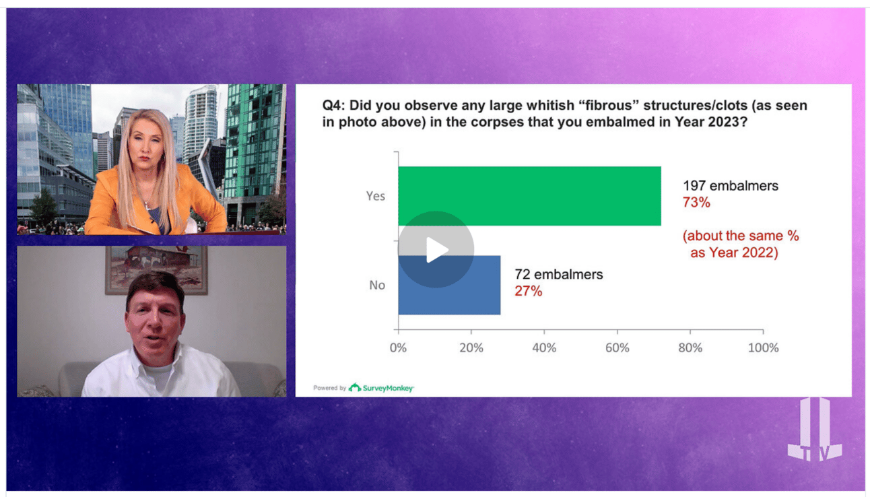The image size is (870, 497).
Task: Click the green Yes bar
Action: (x=530, y=196)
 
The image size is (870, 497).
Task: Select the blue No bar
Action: (x=449, y=285)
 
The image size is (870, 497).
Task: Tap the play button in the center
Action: (x=436, y=250)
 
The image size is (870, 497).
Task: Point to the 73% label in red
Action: (x=696, y=203)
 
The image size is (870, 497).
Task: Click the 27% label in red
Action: (x=528, y=291)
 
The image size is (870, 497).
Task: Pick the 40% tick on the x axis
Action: (x=544, y=347)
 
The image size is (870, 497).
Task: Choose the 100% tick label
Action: (x=763, y=347)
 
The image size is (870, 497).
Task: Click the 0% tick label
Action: (x=398, y=347)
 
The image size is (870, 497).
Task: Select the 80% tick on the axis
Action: (x=690, y=347)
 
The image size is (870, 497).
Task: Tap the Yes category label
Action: (x=376, y=196)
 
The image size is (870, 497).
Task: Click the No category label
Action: (x=377, y=285)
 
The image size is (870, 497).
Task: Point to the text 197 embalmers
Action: (x=731, y=186)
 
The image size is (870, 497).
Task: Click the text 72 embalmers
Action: (x=559, y=275)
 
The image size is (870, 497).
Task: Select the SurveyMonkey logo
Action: (x=381, y=387)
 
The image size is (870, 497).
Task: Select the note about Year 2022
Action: (x=740, y=244)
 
